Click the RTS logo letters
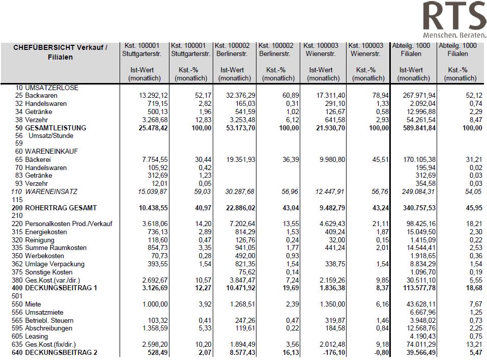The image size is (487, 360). [x=455, y=16]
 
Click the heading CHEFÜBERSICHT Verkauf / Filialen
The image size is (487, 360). [x=60, y=52]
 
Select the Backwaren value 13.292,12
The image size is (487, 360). [x=153, y=95]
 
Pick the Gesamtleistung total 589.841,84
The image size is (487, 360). [x=419, y=128]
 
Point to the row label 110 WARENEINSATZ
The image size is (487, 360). [x=44, y=191]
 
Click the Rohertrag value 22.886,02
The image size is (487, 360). [x=240, y=208]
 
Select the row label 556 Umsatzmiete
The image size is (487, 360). [x=37, y=312]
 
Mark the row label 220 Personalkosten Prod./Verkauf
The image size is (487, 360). [x=62, y=224]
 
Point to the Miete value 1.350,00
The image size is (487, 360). [x=332, y=304]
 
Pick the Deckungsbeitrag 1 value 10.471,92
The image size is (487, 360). [x=240, y=288]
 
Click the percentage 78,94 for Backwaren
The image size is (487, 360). [x=380, y=95]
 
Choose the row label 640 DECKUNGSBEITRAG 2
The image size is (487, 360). [x=54, y=352]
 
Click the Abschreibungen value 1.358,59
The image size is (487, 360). [x=155, y=328]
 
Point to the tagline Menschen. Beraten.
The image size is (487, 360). [x=455, y=35]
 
